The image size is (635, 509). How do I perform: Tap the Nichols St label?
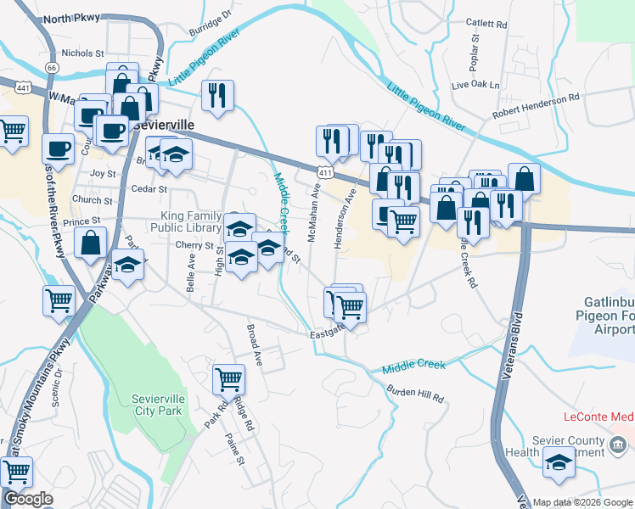point(82,53)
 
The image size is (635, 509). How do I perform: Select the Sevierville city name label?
point(164,124)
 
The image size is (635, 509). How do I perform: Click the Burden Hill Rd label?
point(415,394)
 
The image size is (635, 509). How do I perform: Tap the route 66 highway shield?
point(52,67)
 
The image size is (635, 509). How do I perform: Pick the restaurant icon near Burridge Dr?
point(217,95)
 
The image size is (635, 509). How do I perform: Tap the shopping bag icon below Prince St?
point(90,243)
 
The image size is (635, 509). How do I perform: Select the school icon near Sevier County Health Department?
point(559,461)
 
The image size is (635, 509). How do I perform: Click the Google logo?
point(28,499)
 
